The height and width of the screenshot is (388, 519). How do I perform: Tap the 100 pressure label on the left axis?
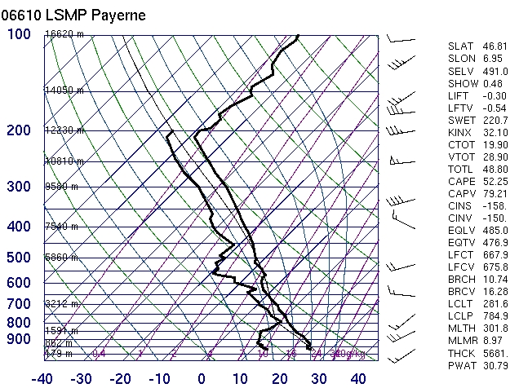click(20, 34)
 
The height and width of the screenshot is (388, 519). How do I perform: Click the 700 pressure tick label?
click(20, 304)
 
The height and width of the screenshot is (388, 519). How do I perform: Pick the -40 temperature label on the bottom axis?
click(42, 379)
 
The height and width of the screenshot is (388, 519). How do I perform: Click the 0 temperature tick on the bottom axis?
click(202, 379)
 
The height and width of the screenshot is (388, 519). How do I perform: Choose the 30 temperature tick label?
click(319, 379)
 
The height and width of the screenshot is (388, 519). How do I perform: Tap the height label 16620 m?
click(64, 34)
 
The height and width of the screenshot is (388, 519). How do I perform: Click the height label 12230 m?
click(64, 130)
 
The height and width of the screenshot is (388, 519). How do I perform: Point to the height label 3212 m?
click(62, 304)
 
